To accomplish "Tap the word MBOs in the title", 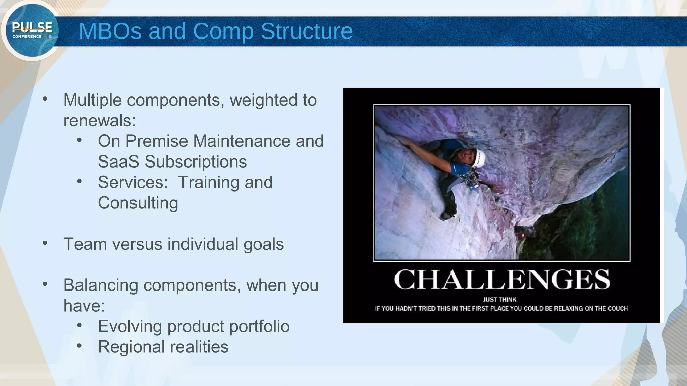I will [110, 31].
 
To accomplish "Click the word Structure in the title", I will [307, 31].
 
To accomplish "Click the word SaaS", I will [118, 162].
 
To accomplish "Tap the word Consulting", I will [138, 203].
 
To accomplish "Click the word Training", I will [208, 183].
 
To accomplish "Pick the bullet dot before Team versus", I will [45, 243].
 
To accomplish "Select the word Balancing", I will [101, 285].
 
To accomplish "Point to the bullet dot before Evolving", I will [79, 325].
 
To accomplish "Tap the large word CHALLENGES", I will [501, 280].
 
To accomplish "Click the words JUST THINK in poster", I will [500, 300].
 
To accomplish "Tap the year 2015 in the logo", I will [48, 37].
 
